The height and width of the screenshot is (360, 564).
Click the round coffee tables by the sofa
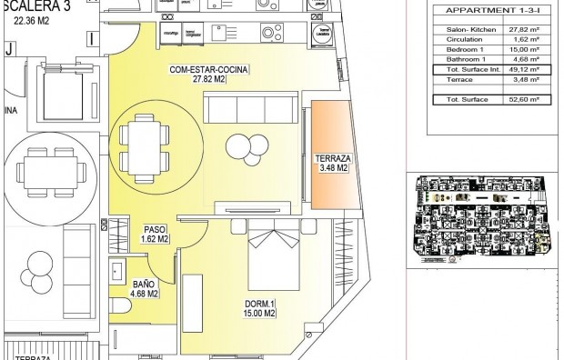[x=242, y=147]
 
